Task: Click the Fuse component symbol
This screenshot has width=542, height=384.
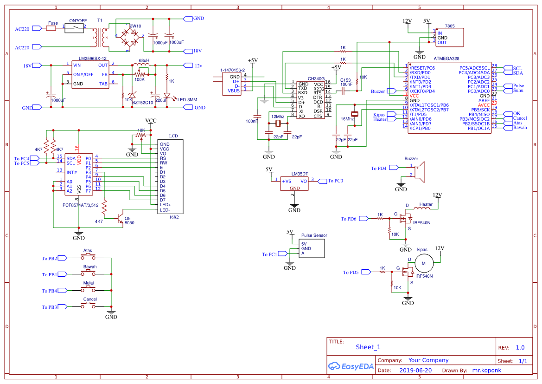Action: click(x=51, y=28)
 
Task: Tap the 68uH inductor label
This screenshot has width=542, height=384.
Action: click(x=144, y=61)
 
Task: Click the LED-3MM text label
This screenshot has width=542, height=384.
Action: click(x=187, y=100)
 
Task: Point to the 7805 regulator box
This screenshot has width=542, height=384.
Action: click(x=449, y=38)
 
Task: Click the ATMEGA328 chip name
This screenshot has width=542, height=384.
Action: click(x=446, y=59)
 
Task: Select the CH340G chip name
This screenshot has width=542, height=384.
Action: click(x=316, y=79)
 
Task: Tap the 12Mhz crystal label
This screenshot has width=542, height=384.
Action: click(x=278, y=117)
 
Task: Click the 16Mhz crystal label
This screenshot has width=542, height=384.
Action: click(x=347, y=119)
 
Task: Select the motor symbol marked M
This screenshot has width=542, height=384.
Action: click(x=423, y=264)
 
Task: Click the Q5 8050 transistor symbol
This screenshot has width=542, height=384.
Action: click(x=121, y=216)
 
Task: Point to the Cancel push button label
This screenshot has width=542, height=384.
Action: click(x=90, y=299)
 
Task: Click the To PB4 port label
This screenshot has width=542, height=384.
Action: click(x=49, y=291)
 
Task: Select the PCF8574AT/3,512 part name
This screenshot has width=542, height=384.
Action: click(x=80, y=205)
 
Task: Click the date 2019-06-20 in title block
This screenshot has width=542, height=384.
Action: click(x=415, y=371)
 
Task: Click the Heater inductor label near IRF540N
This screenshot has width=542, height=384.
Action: click(x=426, y=204)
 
